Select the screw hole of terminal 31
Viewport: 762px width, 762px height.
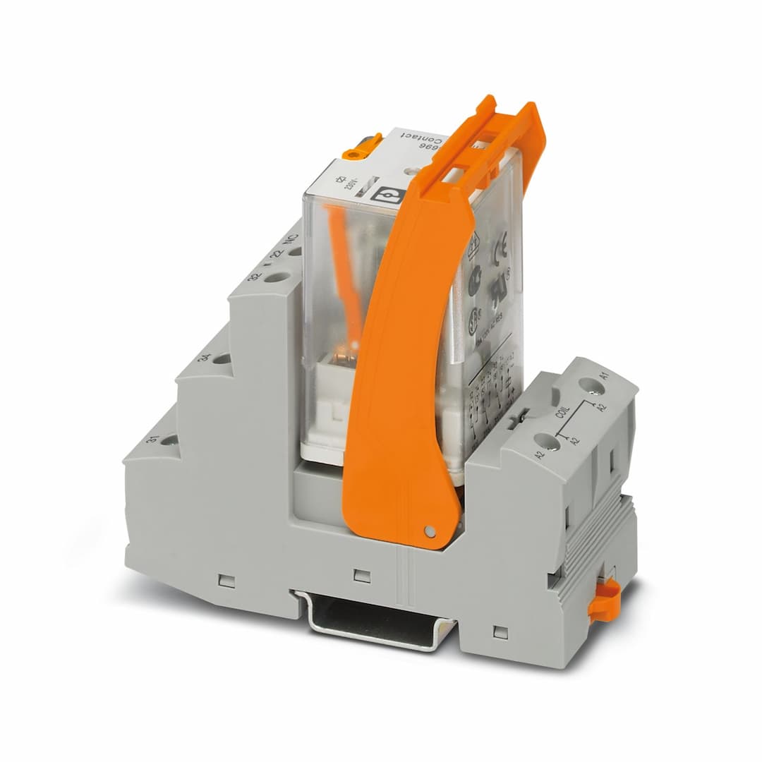click(169, 440)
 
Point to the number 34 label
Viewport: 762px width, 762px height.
click(205, 358)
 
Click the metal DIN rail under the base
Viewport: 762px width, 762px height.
click(374, 621)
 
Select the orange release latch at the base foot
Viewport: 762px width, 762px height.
click(605, 600)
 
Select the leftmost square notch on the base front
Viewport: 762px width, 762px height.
click(226, 581)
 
